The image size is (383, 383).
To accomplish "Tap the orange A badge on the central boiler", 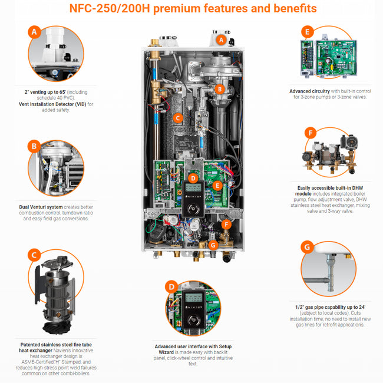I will point(221,39).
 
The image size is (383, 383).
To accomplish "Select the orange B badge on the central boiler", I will point(219,89).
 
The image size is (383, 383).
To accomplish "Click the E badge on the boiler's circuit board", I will point(218,185).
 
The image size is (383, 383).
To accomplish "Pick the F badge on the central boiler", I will point(226,224).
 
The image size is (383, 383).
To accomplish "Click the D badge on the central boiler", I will point(192,177).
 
